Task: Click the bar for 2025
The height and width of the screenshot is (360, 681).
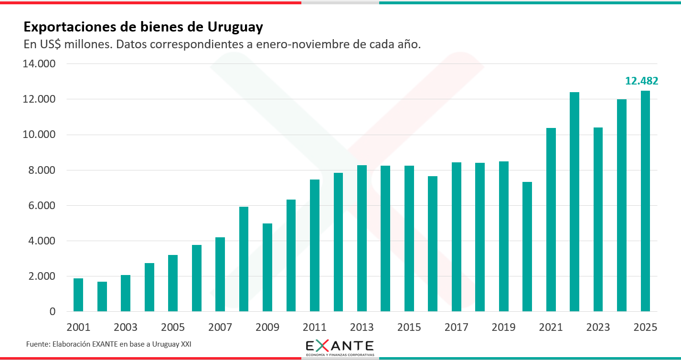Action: pyautogui.click(x=645, y=201)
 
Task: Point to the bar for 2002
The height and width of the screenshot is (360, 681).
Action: pyautogui.click(x=102, y=296)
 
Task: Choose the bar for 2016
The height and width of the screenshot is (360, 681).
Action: pyautogui.click(x=433, y=244)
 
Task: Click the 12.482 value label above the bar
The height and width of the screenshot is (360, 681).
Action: pyautogui.click(x=642, y=81)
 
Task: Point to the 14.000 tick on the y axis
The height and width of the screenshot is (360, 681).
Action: pyautogui.click(x=39, y=64)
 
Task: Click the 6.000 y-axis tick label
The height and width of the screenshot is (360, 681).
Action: pyautogui.click(x=39, y=206)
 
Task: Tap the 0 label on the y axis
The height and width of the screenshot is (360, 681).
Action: pyautogui.click(x=53, y=312)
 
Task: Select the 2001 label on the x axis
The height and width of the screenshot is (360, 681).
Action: pyautogui.click(x=78, y=328)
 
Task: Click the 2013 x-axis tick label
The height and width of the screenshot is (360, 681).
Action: pyautogui.click(x=362, y=328)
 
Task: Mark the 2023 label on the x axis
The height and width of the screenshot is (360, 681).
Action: pyautogui.click(x=598, y=328)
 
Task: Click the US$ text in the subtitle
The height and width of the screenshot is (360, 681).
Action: pyautogui.click(x=51, y=45)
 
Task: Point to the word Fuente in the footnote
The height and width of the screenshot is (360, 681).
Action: pyautogui.click(x=37, y=344)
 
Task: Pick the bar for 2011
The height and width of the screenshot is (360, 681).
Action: pyautogui.click(x=315, y=245)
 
